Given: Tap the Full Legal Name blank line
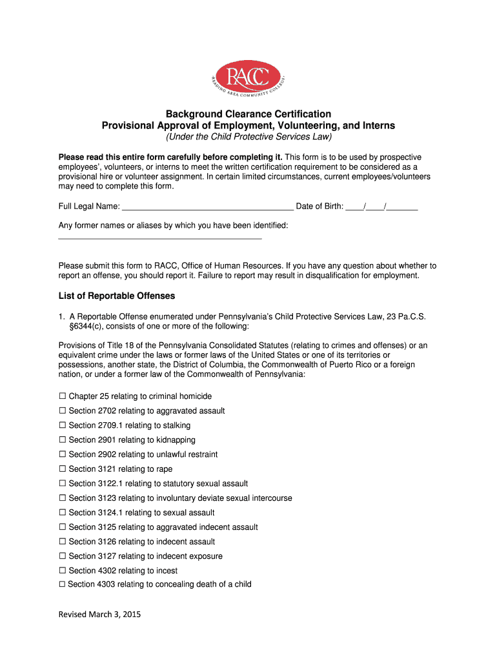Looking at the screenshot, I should (207, 208).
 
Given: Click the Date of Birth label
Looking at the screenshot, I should (319, 207).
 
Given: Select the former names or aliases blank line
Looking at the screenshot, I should (160, 238).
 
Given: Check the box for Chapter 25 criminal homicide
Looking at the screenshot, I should (63, 396).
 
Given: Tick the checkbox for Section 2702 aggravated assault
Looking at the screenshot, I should (63, 411).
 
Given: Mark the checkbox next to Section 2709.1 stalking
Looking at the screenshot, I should (63, 425).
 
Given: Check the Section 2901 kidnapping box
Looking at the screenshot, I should (63, 440).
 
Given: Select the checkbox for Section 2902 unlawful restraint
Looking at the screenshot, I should (63, 454).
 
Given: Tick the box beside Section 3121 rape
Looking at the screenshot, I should (63, 469).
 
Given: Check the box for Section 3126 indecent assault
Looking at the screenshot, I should (63, 542).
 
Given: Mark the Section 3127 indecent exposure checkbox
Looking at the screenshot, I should (63, 556).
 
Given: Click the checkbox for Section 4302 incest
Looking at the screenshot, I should (63, 571).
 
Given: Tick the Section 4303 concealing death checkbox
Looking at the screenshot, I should (63, 584).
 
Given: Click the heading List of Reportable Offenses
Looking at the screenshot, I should (117, 296).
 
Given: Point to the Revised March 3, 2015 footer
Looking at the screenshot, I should (99, 615).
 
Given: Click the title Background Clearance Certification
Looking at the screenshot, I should (249, 114).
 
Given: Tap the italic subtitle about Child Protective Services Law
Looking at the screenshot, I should (249, 137).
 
